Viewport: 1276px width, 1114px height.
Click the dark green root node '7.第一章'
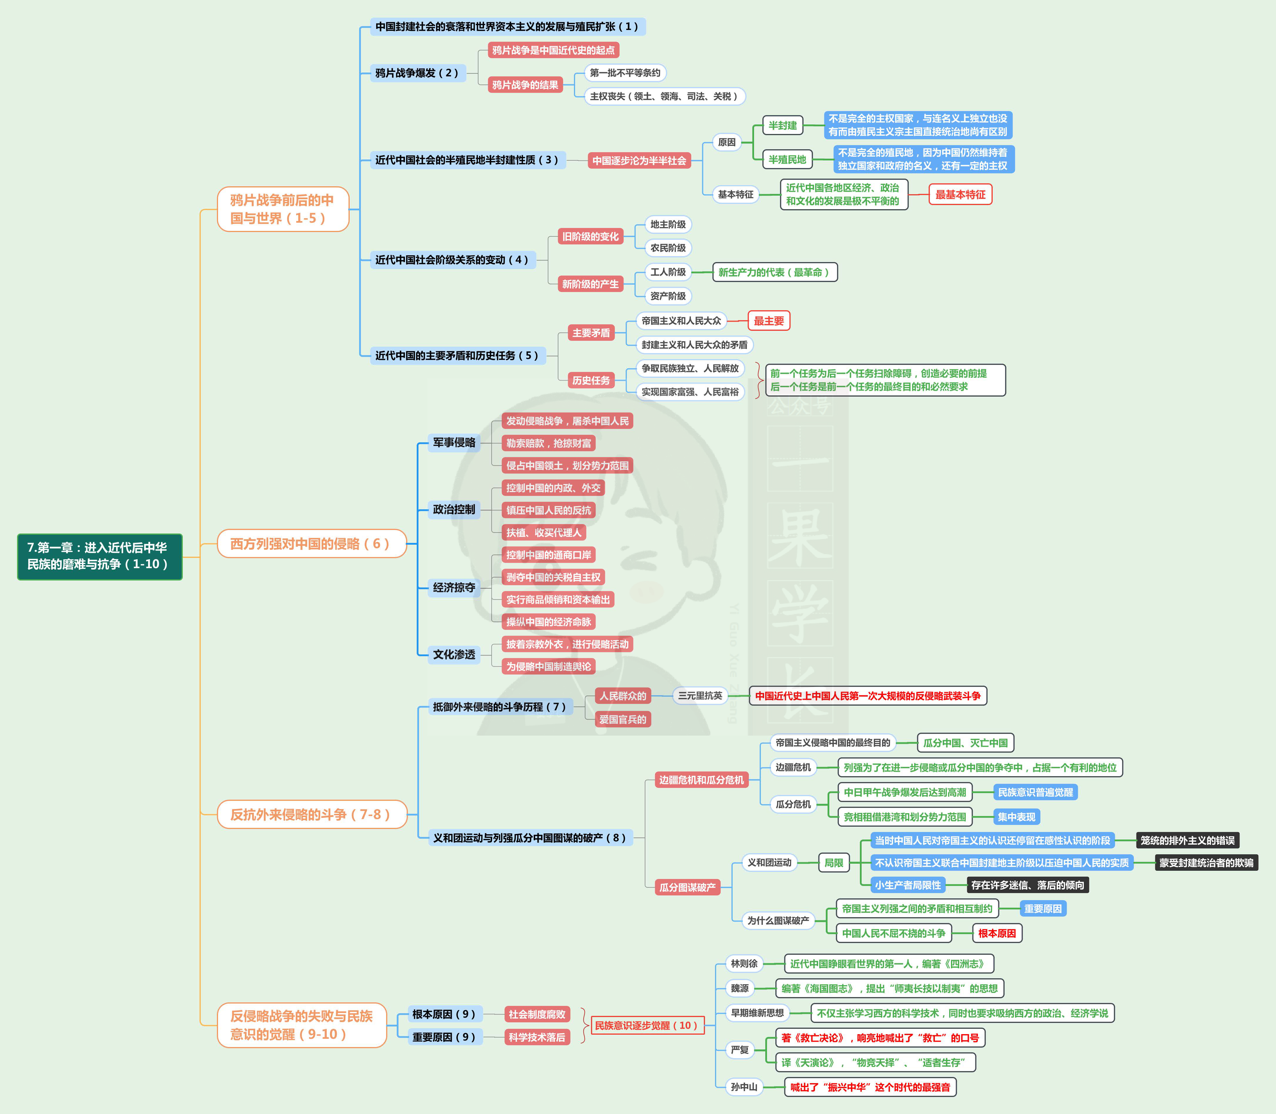click(x=100, y=556)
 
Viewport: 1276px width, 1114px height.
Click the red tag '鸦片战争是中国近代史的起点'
click(x=553, y=50)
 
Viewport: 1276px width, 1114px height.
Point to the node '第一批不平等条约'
click(x=625, y=73)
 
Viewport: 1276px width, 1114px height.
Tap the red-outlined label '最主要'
click(x=768, y=321)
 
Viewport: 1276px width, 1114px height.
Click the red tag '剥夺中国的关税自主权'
click(x=553, y=577)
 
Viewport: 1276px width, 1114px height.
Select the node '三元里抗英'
click(x=700, y=696)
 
